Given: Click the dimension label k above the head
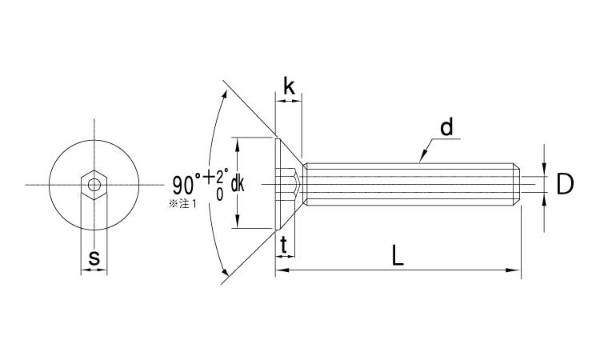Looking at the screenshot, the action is pyautogui.click(x=289, y=87).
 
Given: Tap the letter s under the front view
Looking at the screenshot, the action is pyautogui.click(x=94, y=258).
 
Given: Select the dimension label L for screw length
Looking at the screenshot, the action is pyautogui.click(x=398, y=255).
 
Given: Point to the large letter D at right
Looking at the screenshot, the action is pyautogui.click(x=565, y=184).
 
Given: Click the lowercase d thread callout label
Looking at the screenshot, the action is pyautogui.click(x=446, y=127).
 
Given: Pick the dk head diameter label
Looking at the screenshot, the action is pyautogui.click(x=238, y=184).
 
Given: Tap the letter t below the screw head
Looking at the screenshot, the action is pyautogui.click(x=283, y=246).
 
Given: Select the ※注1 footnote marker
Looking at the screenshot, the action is pyautogui.click(x=182, y=204).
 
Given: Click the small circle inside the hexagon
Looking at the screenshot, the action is pyautogui.click(x=94, y=185).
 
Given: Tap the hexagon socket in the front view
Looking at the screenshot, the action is pyautogui.click(x=94, y=185).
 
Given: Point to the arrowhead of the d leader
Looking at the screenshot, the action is pyautogui.click(x=422, y=157).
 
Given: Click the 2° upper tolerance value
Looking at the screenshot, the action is pyautogui.click(x=222, y=177).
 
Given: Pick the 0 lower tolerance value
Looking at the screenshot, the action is pyautogui.click(x=220, y=194).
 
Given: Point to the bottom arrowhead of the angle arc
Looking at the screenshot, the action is pyautogui.click(x=225, y=272).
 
